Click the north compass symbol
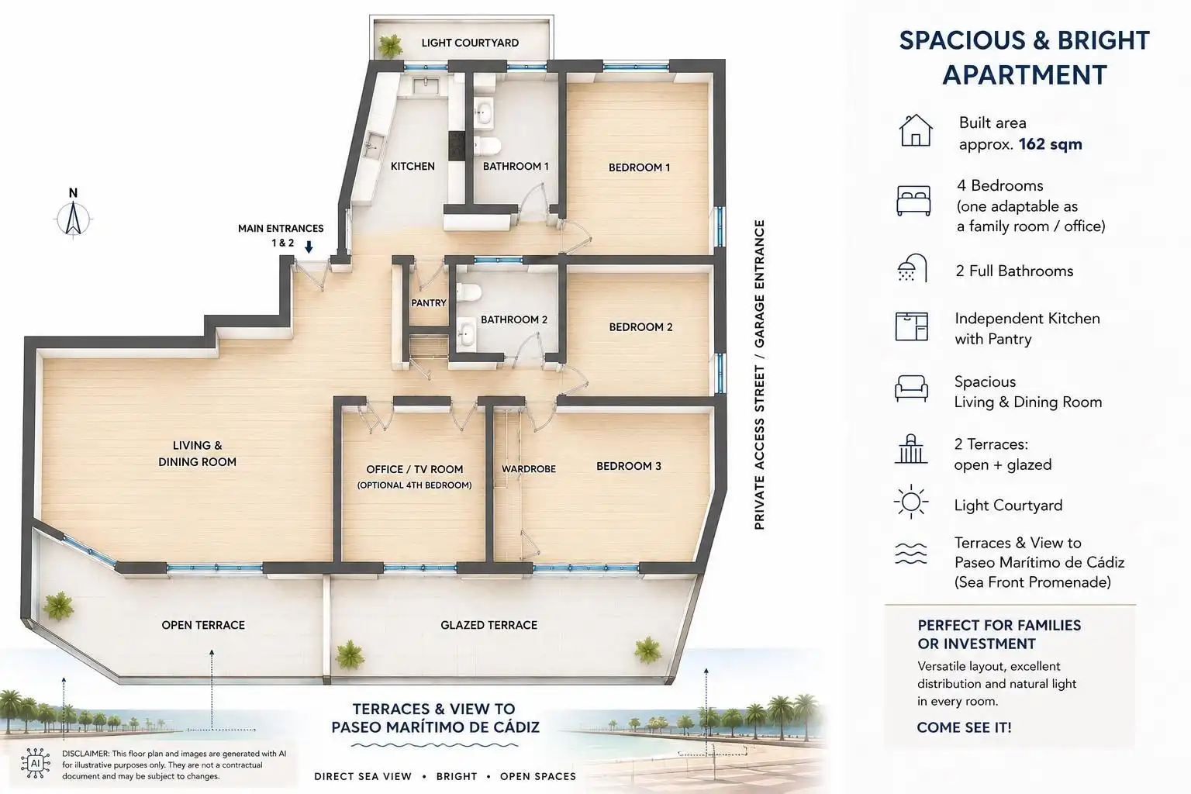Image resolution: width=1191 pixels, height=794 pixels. pos(74,218)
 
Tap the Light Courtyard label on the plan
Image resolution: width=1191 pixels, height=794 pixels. pos(470,43)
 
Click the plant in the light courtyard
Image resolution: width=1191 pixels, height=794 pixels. pos(390,47)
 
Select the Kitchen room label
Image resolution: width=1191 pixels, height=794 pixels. pos(413,167)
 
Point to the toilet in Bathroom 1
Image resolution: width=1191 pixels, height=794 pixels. pos(486,145)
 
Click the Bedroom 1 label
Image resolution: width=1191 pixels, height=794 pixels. pos(639,167)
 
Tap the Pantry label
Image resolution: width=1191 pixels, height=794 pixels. pos(429,302)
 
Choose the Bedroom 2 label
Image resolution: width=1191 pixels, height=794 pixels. pos(640,327)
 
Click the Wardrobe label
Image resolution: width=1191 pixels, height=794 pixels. pos(529,469)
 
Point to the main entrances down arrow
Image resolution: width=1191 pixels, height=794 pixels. pos(309,247)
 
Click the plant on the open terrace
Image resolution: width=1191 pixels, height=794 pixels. pos(58,606)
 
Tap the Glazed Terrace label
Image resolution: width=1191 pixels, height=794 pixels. pos(488,626)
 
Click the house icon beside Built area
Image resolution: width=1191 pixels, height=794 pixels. pos(915,131)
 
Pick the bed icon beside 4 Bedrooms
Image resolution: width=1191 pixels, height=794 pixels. pos(913,201)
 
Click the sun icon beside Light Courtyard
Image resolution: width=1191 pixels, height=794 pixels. pos(911,502)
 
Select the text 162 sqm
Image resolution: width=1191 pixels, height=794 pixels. pos(1050,145)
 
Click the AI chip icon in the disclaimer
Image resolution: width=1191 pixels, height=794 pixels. pos(36,764)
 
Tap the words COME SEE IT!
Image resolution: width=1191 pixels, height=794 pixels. pos(964,727)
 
